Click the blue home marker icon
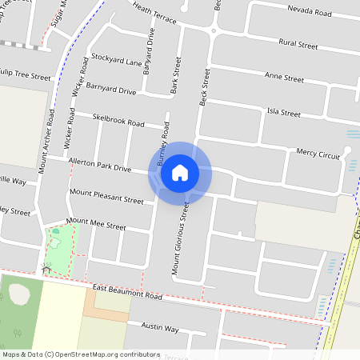180,172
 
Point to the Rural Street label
299,44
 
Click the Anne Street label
284,78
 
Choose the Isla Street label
283,110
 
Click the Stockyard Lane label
117,61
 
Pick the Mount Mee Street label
96,223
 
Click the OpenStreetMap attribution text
81,354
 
